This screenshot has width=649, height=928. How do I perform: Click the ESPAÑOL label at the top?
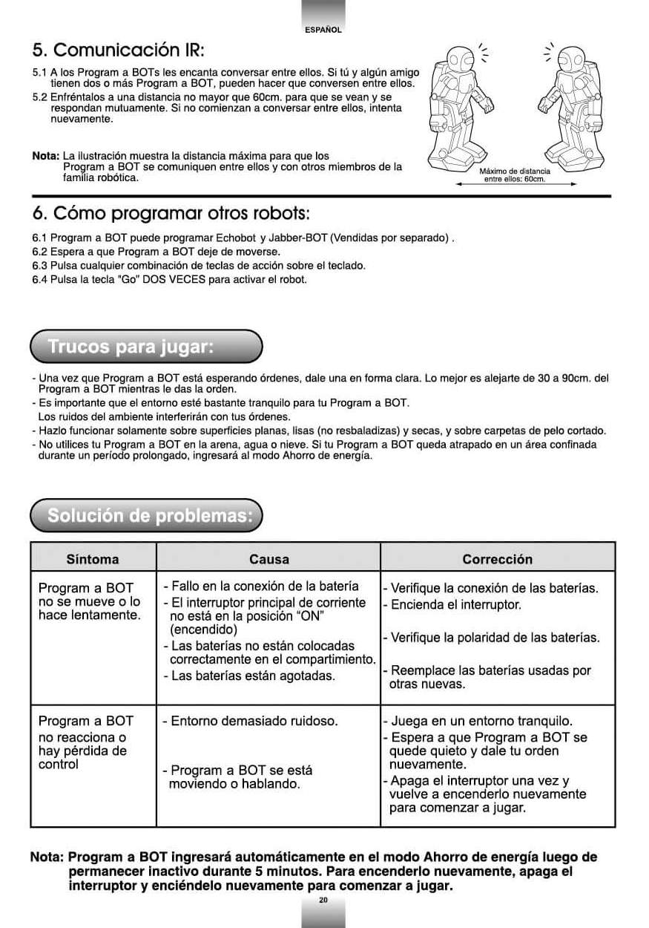coord(323,30)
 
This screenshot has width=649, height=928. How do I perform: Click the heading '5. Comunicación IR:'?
coord(118,50)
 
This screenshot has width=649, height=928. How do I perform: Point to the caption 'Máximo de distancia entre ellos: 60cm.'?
coord(515,175)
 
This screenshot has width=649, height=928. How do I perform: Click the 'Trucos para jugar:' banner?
coord(146,347)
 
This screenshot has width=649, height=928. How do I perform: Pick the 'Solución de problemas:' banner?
coord(146,516)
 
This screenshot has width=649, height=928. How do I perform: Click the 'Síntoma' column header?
coord(93,560)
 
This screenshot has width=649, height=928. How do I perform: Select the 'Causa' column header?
coord(269,560)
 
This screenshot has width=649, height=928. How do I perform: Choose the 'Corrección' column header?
coord(497,560)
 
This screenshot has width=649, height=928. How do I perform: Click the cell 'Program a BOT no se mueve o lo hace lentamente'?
coord(89,601)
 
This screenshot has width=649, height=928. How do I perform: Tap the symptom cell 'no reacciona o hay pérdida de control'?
coord(82,743)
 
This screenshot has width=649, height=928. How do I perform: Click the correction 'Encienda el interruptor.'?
coord(455,604)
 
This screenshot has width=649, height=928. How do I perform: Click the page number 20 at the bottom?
coord(323,900)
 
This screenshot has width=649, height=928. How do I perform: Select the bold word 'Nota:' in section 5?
coord(45,157)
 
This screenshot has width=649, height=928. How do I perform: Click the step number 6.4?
coord(39,280)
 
